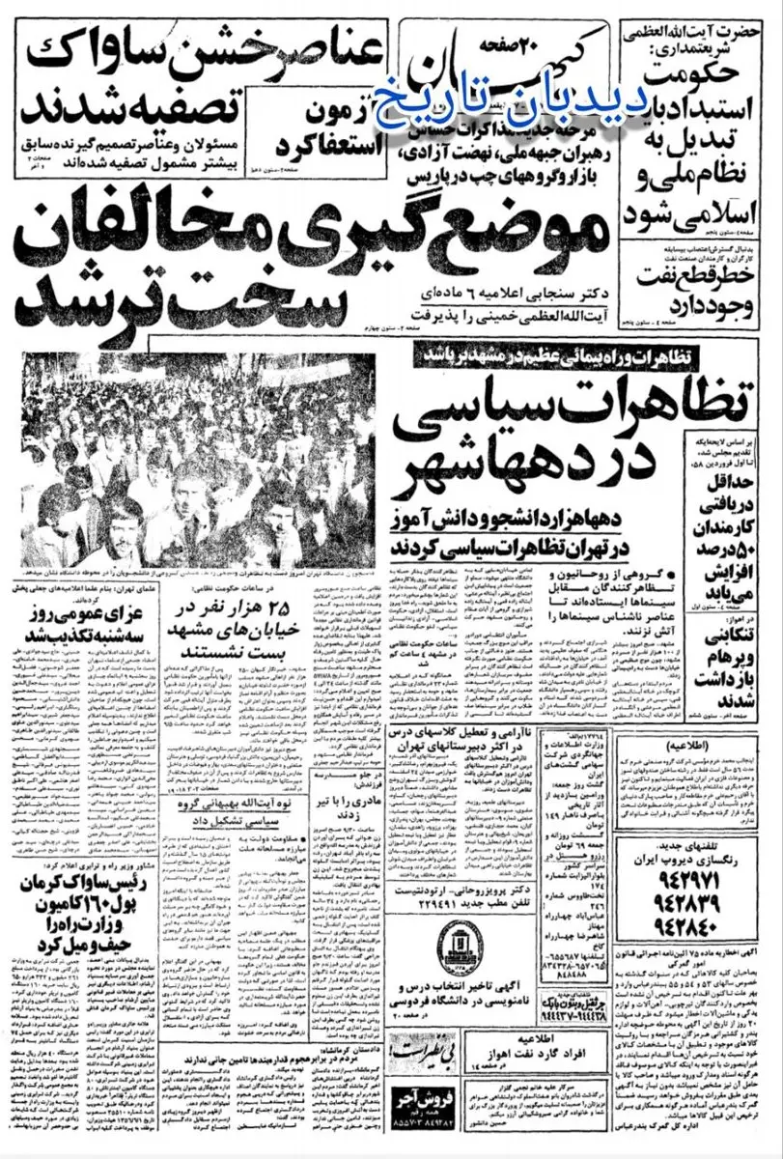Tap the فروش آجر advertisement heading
(424, 1123)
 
